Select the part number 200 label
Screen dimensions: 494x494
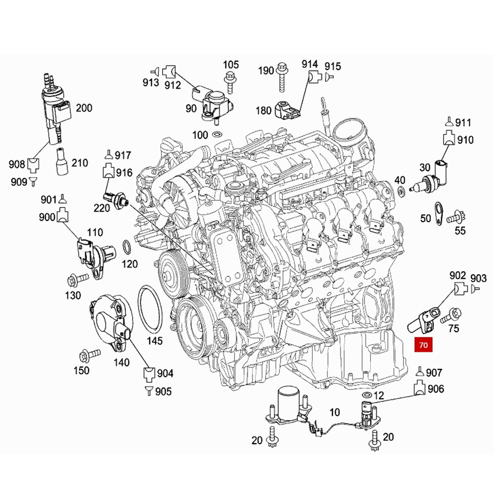[84, 108]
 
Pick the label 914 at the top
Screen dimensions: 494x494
[310, 64]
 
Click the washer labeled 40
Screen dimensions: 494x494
[401, 192]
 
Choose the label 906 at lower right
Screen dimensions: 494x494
[435, 390]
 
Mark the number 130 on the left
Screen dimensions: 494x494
[73, 295]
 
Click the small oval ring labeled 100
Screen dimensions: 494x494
[217, 135]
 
